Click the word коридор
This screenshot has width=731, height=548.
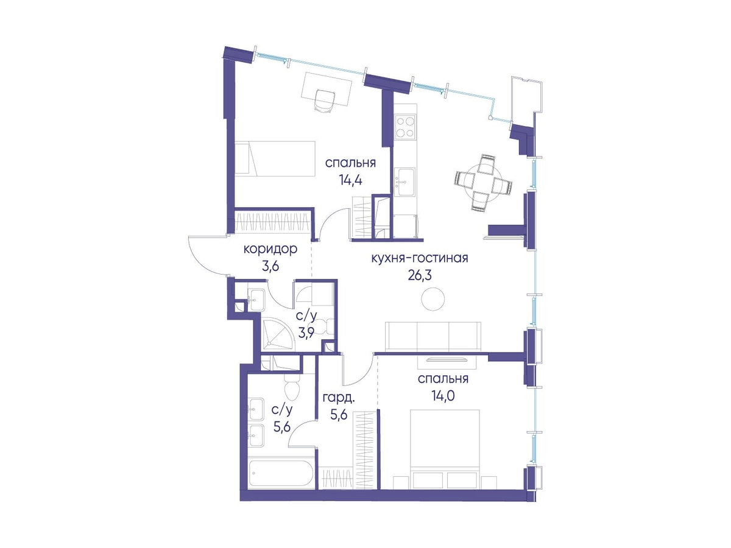click(270, 249)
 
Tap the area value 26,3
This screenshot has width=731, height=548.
click(420, 275)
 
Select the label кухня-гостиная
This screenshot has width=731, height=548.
click(420, 258)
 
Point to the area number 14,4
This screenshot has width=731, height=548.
click(350, 181)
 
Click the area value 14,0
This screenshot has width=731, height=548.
click(443, 396)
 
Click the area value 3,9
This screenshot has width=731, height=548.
click(307, 332)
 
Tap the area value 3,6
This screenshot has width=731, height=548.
click(270, 267)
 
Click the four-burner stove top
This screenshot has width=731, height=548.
click(404, 127)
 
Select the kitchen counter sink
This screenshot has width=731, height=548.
click(404, 181)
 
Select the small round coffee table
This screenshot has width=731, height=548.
click(433, 299)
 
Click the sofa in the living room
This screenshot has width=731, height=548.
click(433, 336)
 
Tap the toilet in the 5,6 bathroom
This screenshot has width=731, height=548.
click(292, 388)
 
